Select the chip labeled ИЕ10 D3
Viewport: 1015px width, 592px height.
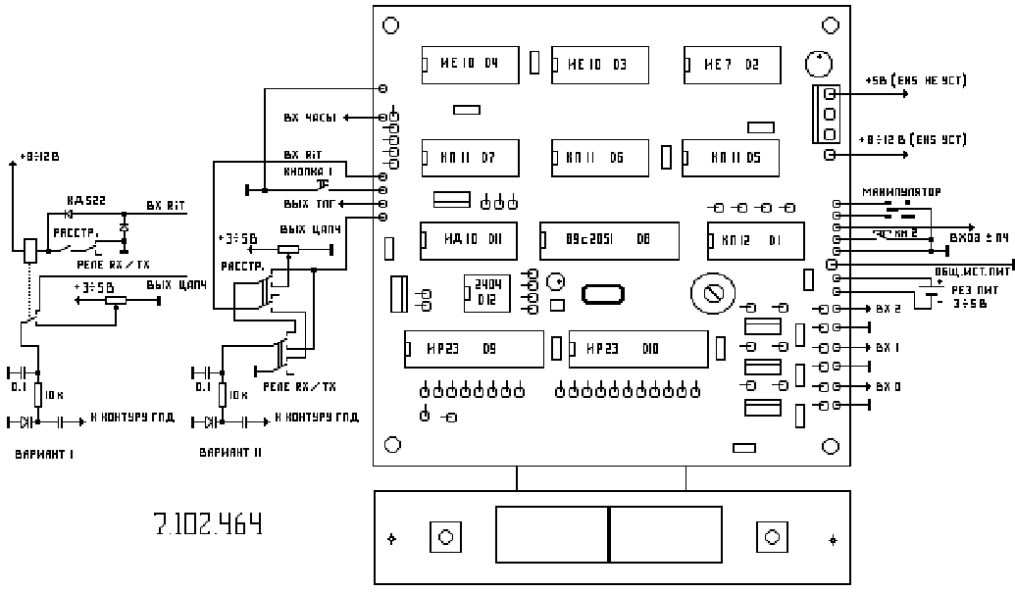[x=600, y=65]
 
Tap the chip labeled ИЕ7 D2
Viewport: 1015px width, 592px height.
[x=732, y=65]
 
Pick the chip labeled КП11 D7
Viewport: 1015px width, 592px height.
[x=470, y=157]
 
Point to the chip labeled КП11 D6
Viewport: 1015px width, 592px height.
[x=600, y=157]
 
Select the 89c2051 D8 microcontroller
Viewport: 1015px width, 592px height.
[x=609, y=239]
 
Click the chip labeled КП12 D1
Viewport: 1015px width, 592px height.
[x=754, y=239]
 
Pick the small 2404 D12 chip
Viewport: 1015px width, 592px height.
[x=487, y=292]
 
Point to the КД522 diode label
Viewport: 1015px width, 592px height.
[x=85, y=199]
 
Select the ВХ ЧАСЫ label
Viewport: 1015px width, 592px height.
[x=310, y=118]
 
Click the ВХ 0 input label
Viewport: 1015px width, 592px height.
[x=888, y=387]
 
